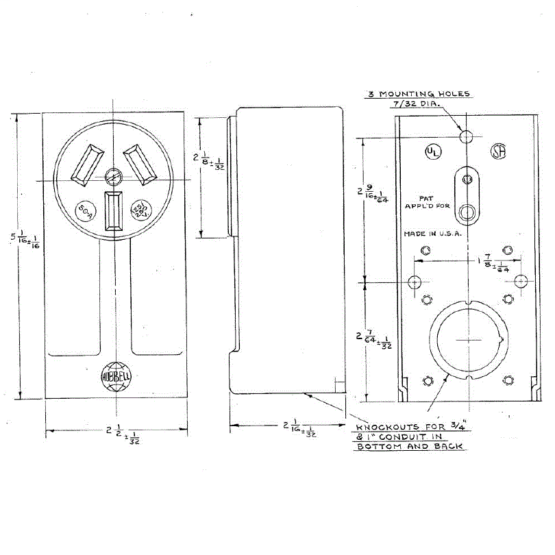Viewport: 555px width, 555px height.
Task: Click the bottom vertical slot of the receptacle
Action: pos(113,210)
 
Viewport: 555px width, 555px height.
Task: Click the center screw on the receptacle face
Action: pos(113,178)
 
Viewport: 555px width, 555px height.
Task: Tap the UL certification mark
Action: pos(432,152)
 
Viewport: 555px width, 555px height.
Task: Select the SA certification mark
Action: pos(498,152)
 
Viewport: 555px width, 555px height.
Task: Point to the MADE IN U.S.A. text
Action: pos(433,233)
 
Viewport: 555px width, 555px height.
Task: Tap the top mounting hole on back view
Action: pos(467,136)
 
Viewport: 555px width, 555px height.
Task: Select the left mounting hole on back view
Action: pos(415,282)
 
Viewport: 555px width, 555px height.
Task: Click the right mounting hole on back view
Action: pos(521,281)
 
